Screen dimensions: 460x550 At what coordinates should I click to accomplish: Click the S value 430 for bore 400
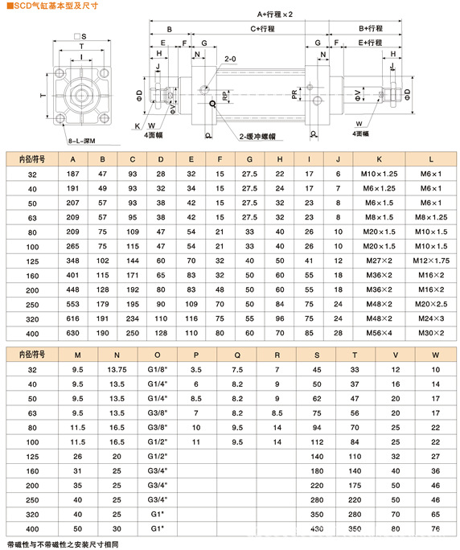(315, 527)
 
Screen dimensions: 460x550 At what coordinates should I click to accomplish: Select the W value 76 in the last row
(435, 527)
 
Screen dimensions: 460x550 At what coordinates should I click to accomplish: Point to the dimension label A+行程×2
(275, 14)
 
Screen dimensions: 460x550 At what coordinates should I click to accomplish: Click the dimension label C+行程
(262, 28)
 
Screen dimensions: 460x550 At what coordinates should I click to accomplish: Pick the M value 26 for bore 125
(77, 456)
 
